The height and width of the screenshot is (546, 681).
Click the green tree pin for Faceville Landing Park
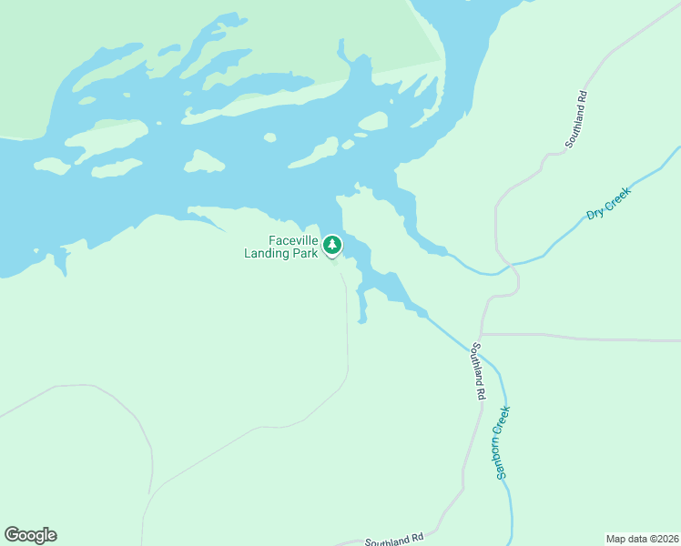pyautogui.click(x=332, y=245)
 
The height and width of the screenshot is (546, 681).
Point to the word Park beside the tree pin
pyautogui.click(x=308, y=253)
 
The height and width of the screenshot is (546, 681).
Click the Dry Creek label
pyautogui.click(x=608, y=201)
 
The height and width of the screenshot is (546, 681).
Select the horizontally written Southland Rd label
pyautogui.click(x=395, y=540)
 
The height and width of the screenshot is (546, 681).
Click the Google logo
pyautogui.click(x=30, y=535)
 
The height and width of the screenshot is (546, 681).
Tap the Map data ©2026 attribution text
pyautogui.click(x=642, y=539)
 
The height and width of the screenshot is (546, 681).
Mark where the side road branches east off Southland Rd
pyautogui.click(x=482, y=334)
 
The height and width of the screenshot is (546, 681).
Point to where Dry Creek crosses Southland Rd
pyautogui.click(x=511, y=267)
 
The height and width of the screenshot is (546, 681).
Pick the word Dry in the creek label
pyautogui.click(x=595, y=212)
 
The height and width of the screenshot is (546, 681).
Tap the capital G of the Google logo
pyautogui.click(x=12, y=535)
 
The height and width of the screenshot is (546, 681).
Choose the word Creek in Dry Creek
pyautogui.click(x=616, y=195)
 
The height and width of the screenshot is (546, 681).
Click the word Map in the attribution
pyautogui.click(x=616, y=539)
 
